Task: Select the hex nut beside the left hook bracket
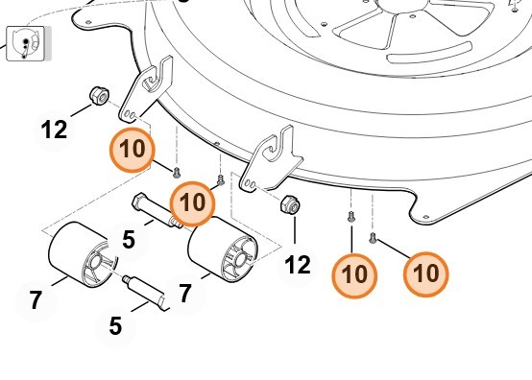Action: coord(100,96)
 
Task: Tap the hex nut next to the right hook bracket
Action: coord(290,204)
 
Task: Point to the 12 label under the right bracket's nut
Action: coord(298,265)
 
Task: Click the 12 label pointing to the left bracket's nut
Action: coord(54,130)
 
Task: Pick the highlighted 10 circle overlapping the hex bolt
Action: coord(192,204)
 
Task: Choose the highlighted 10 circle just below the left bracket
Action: coord(133,150)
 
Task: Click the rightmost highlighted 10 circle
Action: coord(425,274)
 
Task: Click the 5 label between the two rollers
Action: coord(129,240)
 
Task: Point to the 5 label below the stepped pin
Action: coord(115,325)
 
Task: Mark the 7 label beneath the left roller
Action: coord(36,300)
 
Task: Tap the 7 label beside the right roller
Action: coord(185,294)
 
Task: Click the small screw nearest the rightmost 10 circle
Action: coord(373,238)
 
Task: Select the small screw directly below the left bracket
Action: coord(176,173)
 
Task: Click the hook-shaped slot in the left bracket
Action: coord(154,83)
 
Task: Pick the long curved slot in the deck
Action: coord(429,53)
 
